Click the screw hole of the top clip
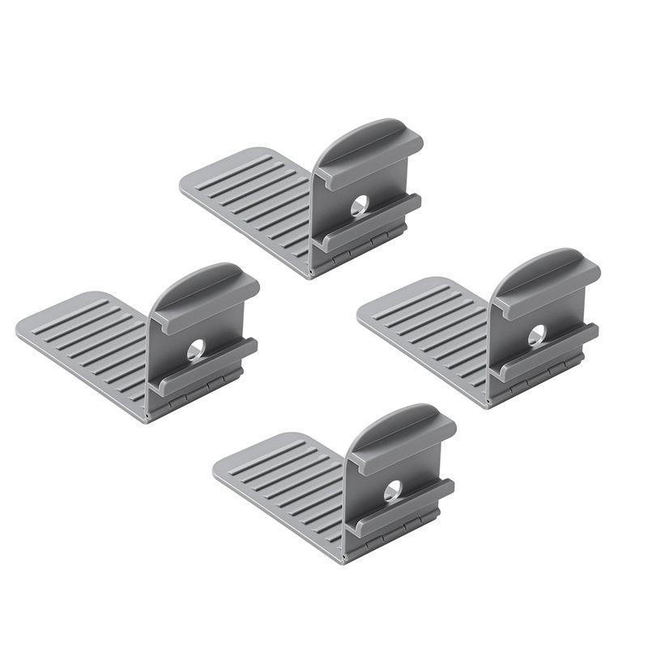tap(360, 206)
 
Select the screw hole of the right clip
tap(537, 335)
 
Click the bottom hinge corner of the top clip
tap(309, 273)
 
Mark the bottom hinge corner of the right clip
tap(488, 403)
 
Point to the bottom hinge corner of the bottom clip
tap(343, 558)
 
